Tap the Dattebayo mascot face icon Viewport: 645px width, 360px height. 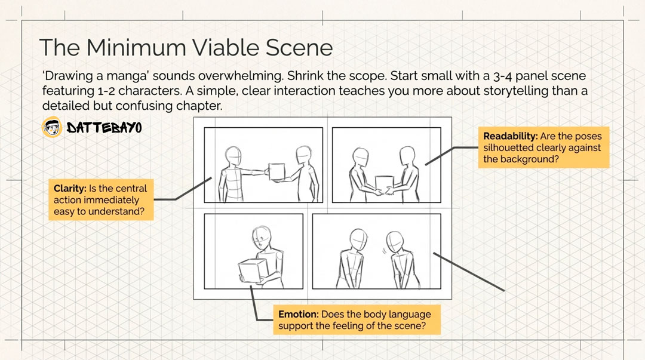tap(53, 127)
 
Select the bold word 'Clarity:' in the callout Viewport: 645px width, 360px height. tap(70, 189)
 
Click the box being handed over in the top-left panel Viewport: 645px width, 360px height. tap(277, 173)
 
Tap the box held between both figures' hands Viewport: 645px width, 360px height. tap(383, 182)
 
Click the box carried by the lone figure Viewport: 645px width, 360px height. tap(252, 270)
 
